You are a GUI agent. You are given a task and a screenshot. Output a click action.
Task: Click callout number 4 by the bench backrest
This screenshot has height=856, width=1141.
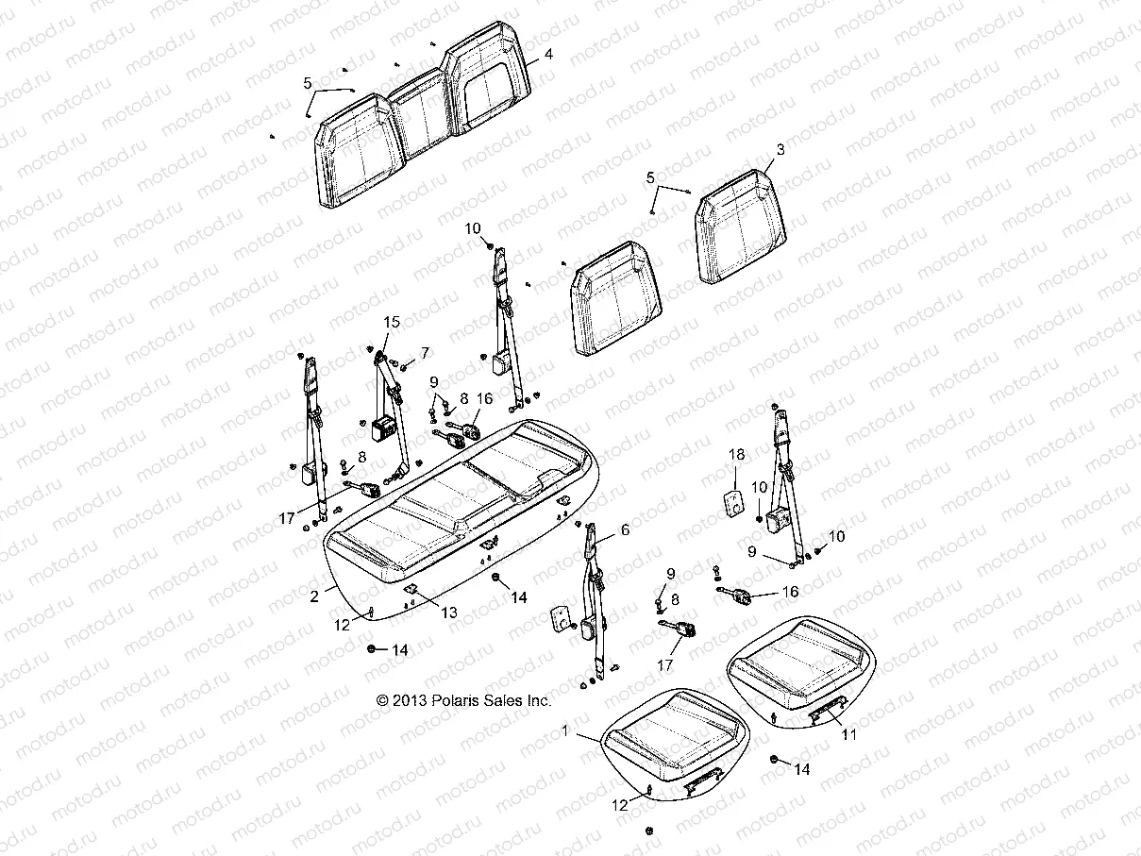click(x=547, y=54)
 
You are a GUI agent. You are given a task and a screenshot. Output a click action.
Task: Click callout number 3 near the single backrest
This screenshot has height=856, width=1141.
click(x=780, y=149)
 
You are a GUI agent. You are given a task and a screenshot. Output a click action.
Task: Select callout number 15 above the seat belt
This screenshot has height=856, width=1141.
click(x=391, y=323)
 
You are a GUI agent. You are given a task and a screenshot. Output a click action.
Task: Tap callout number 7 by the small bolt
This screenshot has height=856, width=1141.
click(x=425, y=353)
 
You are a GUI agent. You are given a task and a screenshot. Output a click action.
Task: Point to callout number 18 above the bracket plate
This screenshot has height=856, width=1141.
click(x=737, y=455)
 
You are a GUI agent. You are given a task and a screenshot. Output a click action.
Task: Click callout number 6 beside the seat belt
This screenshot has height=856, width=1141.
click(x=624, y=531)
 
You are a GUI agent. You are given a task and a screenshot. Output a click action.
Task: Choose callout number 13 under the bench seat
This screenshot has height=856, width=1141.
click(x=449, y=613)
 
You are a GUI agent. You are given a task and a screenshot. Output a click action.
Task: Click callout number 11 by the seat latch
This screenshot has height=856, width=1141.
click(x=849, y=735)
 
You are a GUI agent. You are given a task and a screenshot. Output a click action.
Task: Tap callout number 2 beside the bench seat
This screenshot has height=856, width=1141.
click(x=312, y=596)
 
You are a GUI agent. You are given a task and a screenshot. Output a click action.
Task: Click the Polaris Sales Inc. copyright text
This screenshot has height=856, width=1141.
click(x=463, y=700)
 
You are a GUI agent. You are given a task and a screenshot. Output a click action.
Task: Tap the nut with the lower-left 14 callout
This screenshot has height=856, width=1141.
click(x=373, y=649)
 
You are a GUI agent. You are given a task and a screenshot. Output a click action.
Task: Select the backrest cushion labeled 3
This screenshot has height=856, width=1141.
click(x=755, y=228)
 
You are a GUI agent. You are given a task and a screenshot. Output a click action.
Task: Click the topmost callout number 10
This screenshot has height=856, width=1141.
click(x=499, y=228)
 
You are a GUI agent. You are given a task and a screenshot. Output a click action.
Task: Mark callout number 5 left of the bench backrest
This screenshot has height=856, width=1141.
click(x=308, y=83)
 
